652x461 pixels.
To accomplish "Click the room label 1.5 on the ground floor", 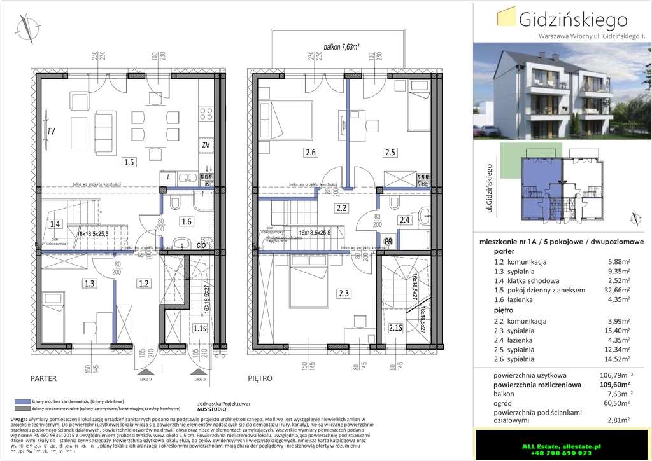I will tap(129, 162).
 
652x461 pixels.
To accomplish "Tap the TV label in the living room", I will tap(50, 132).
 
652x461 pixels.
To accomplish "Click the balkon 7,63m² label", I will tap(342, 46).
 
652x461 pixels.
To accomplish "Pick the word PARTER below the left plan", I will tap(44, 378).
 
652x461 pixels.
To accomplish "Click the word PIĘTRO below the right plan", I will tap(260, 378).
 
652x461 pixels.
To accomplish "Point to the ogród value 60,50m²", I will tap(615, 403).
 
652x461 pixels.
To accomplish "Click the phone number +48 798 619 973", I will tap(559, 453).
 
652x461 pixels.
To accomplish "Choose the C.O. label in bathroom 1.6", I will tap(200, 245).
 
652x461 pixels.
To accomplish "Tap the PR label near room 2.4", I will tap(388, 241).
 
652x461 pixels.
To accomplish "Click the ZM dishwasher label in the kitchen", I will tap(206, 145).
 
